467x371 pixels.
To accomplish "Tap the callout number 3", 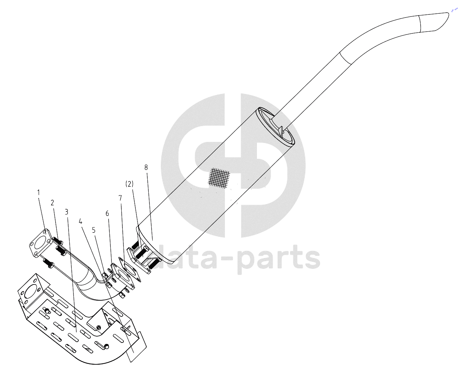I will [66, 212].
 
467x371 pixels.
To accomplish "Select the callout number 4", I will [81, 221].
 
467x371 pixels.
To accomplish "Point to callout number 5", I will [94, 230].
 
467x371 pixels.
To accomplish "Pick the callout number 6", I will [107, 213].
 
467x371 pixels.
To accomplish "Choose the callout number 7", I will [120, 198].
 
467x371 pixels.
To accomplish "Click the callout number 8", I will [146, 167].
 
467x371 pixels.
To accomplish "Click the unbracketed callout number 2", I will [52, 203].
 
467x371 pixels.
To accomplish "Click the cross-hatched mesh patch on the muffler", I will [219, 177].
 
